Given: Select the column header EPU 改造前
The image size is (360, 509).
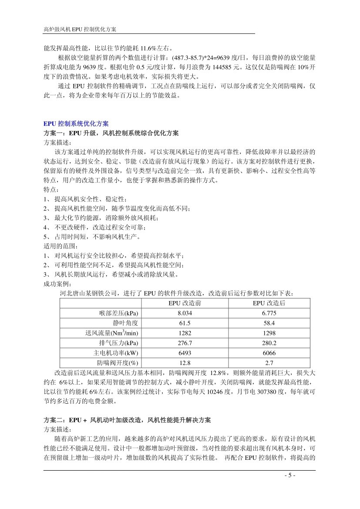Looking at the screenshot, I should pos(185,303).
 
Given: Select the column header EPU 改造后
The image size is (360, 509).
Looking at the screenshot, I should pos(269,303).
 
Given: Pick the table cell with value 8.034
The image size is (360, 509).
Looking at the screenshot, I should pos(185,313).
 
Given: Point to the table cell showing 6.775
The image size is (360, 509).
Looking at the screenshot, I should pos(269,313).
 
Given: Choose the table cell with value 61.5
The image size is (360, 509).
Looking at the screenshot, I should pos(185,323).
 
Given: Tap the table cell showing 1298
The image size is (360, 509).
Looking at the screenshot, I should pos(269,333).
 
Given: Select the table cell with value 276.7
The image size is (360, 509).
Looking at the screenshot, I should pos(185,343).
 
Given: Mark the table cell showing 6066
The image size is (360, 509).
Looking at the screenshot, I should pos(269,353).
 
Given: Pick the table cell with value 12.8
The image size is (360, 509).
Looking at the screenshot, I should pos(185,363).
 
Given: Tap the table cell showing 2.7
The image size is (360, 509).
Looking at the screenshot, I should pos(269,363).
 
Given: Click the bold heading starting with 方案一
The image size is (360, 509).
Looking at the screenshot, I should pos(111,133).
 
